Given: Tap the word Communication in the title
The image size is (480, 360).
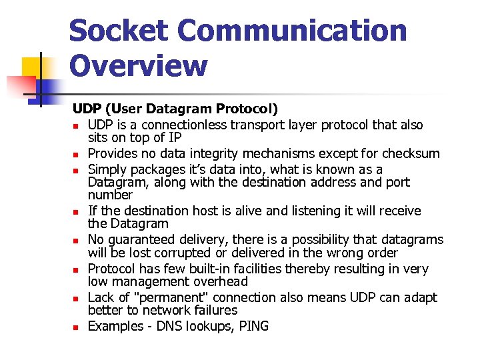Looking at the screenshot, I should (292, 31).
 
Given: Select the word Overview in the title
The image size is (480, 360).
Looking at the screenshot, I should (139, 66).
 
